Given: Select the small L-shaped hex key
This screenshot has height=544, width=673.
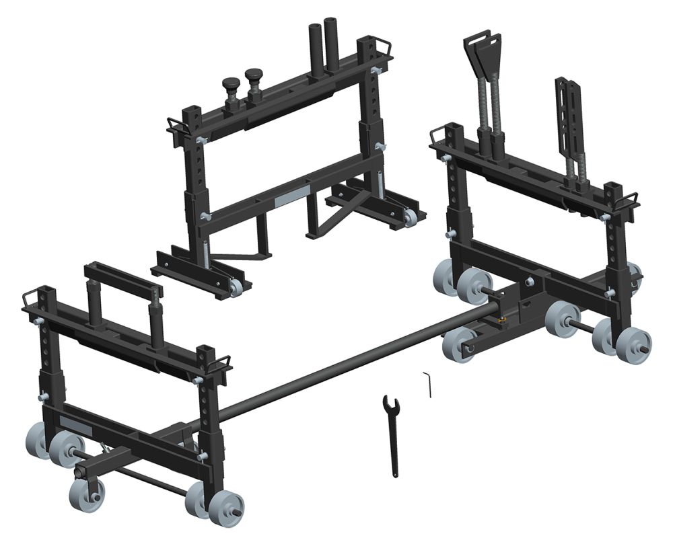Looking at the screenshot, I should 429,383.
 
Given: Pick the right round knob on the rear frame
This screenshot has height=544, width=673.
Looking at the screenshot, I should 253,76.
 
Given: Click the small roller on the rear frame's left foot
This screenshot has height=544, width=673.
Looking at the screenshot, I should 236,288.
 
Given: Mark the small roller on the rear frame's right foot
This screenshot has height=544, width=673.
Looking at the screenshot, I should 411,217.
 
